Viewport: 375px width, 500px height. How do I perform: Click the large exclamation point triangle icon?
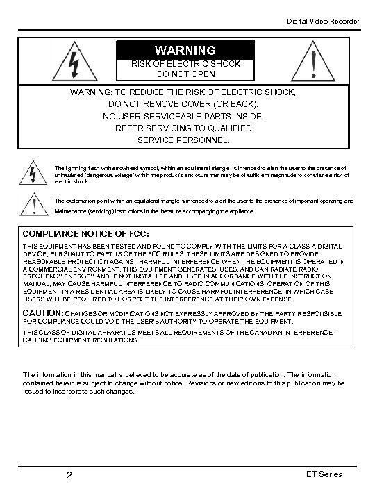(316, 60)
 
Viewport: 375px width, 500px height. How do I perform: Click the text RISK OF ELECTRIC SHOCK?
(185, 63)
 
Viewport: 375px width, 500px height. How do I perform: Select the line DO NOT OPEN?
(185, 74)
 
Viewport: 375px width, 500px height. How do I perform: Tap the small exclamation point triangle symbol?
(33, 204)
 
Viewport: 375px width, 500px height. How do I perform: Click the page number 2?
(69, 476)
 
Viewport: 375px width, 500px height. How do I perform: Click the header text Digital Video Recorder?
(324, 22)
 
